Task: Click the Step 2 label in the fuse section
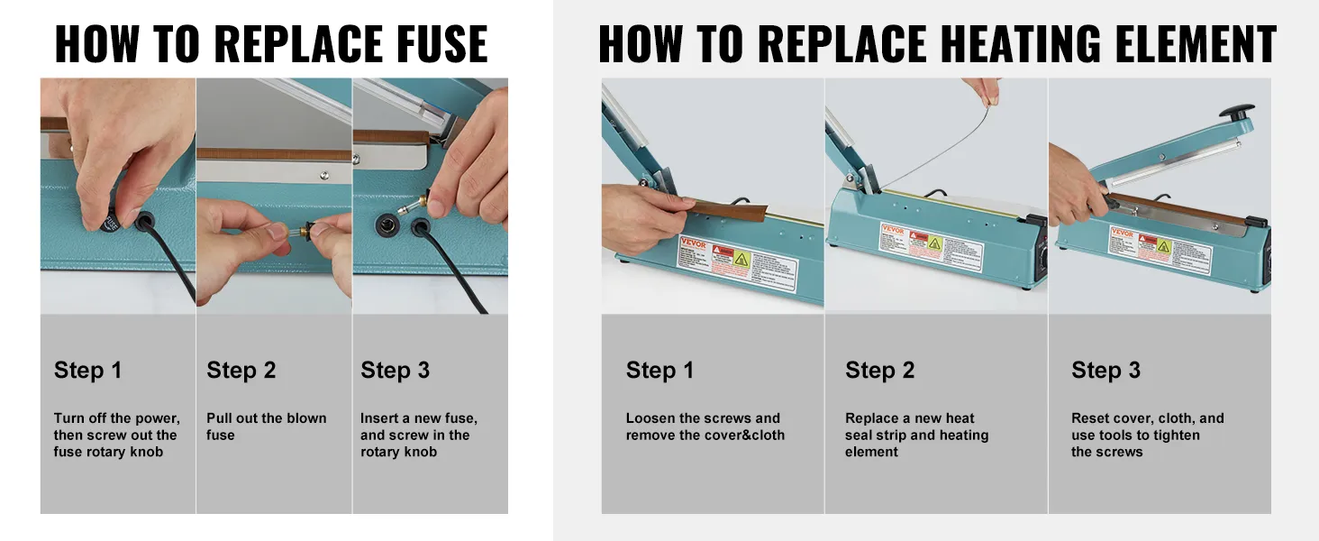(241, 371)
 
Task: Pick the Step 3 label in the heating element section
(1105, 371)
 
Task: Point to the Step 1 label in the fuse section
(87, 371)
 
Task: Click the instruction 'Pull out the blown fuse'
(266, 426)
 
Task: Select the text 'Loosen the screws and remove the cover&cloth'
(705, 426)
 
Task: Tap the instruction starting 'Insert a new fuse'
(419, 435)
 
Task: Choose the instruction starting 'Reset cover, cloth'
(1147, 435)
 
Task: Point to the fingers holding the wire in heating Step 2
(984, 90)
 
